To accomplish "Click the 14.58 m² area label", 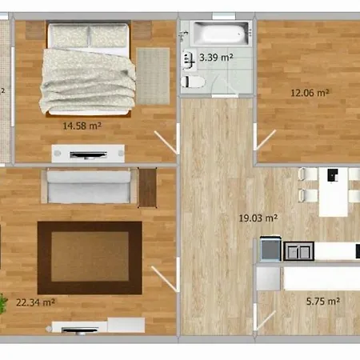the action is pyautogui.click(x=82, y=126).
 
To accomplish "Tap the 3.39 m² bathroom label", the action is pyautogui.click(x=216, y=57).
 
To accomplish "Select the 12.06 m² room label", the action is pyautogui.click(x=310, y=93).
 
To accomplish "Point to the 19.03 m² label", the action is pyautogui.click(x=258, y=218).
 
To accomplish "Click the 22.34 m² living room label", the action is pyautogui.click(x=35, y=302).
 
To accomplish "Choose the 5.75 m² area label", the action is pyautogui.click(x=323, y=302).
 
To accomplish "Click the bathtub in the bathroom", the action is pyautogui.click(x=222, y=34).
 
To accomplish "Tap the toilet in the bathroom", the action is pyautogui.click(x=193, y=82).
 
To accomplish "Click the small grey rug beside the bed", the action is pyautogui.click(x=153, y=76).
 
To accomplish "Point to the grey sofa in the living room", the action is pyautogui.click(x=89, y=186).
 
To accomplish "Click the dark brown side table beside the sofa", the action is pyautogui.click(x=147, y=187).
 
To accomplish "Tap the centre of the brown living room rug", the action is pyautogui.click(x=90, y=258).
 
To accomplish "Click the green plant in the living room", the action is pyautogui.click(x=2, y=304).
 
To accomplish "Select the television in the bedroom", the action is pyautogui.click(x=89, y=154).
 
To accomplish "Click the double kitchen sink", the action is pyautogui.click(x=298, y=251).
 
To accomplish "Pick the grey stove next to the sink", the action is pyautogui.click(x=270, y=249).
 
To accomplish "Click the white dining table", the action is pyautogui.click(x=334, y=192).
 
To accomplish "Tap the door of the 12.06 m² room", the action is pyautogui.click(x=266, y=140).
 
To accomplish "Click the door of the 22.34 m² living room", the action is pyautogui.click(x=165, y=278).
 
